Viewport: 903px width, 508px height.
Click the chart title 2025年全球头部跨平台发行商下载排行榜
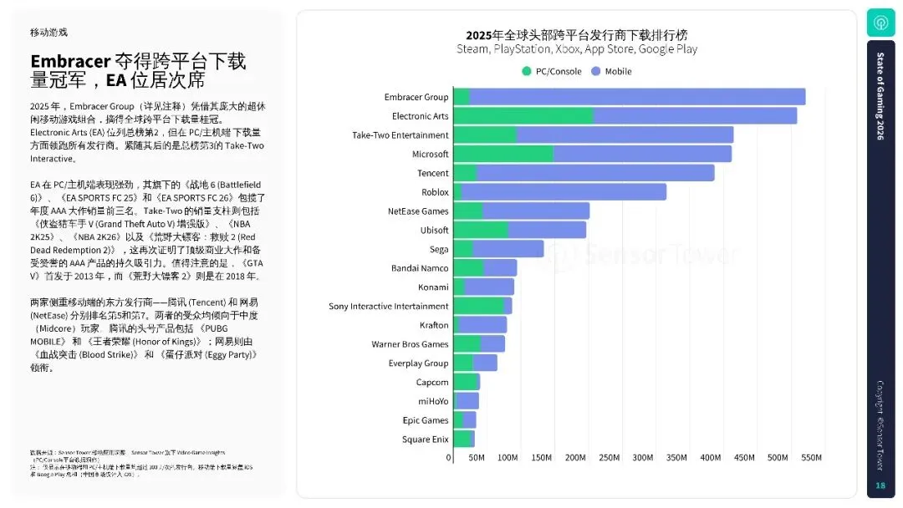click(x=576, y=35)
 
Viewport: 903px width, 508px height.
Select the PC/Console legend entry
click(x=551, y=71)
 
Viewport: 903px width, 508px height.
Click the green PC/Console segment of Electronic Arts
click(x=523, y=116)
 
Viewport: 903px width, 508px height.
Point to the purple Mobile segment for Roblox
click(x=564, y=192)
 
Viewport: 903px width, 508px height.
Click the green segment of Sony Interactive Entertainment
click(x=478, y=306)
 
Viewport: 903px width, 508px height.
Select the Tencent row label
click(x=432, y=173)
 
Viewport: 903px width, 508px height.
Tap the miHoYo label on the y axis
click(x=433, y=401)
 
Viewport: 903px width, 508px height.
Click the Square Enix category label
click(x=425, y=439)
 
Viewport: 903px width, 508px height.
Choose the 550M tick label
click(x=812, y=458)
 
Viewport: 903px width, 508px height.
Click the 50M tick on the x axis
click(x=477, y=458)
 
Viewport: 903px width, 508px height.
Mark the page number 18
click(x=880, y=485)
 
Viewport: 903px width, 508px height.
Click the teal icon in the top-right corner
click(x=880, y=23)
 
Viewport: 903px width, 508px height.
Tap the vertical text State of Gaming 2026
click(x=880, y=95)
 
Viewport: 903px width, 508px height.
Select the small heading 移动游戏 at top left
click(x=48, y=32)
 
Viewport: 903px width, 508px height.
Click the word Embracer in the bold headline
click(x=70, y=62)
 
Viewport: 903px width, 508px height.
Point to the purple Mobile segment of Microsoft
click(x=642, y=154)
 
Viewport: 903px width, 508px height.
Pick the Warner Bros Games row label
click(x=410, y=344)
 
